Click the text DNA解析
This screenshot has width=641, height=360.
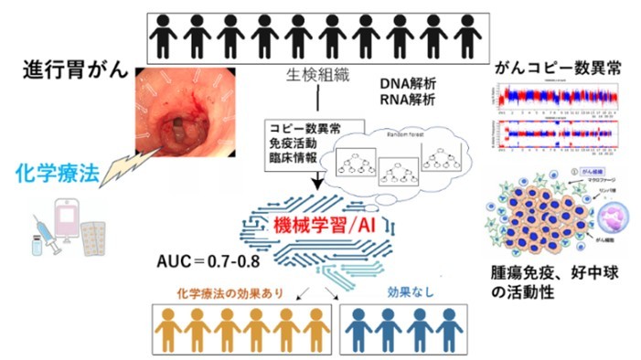point(410,83)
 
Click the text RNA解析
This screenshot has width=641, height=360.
point(410,99)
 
